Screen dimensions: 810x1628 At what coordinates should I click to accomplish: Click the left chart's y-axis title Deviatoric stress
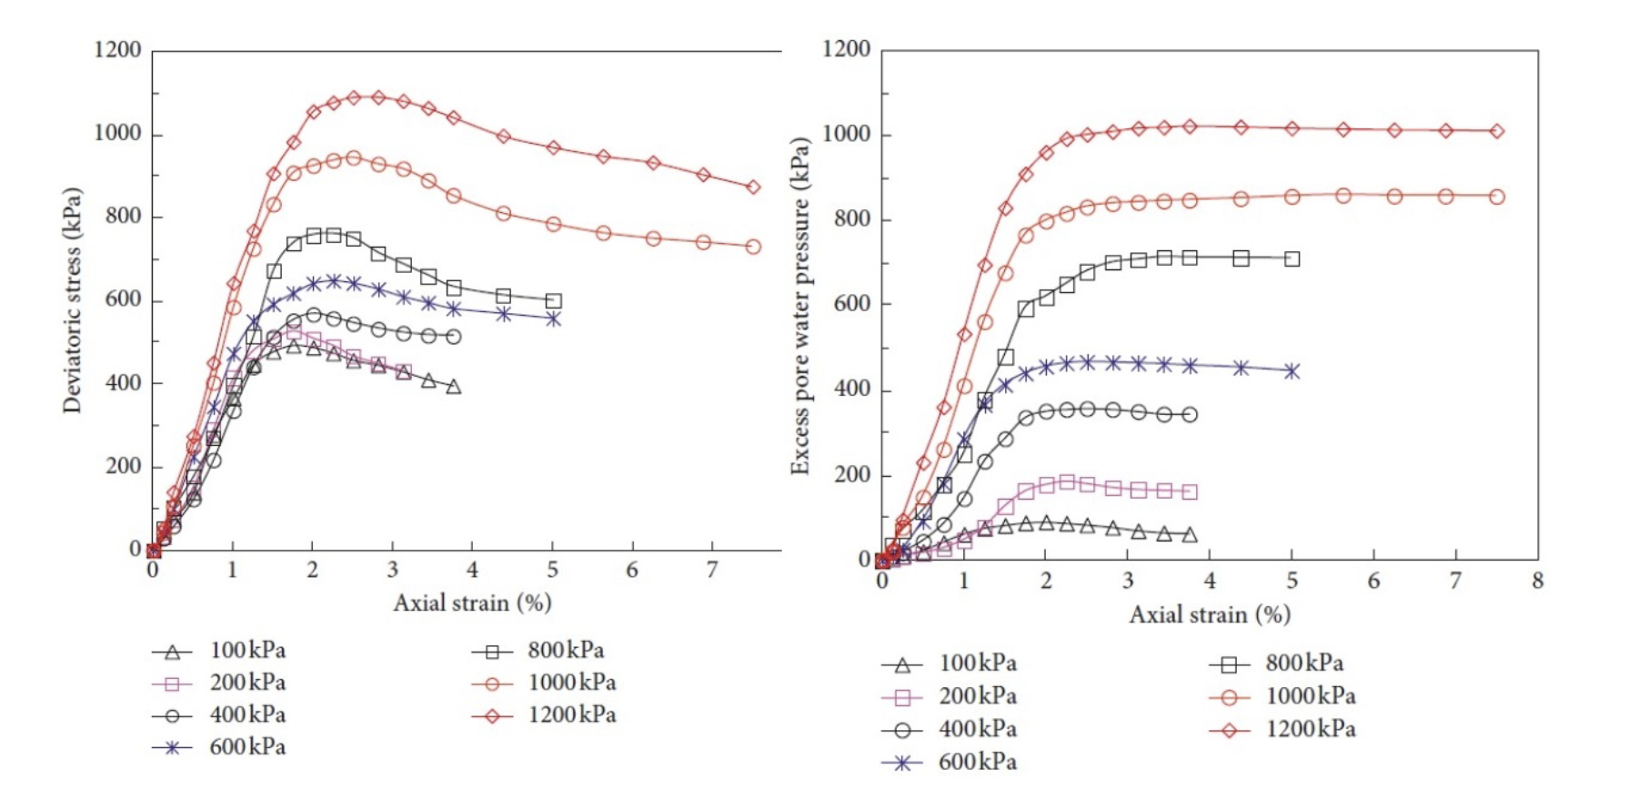pyautogui.click(x=73, y=300)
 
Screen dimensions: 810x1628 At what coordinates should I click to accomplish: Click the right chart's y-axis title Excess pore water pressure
pyautogui.click(x=799, y=306)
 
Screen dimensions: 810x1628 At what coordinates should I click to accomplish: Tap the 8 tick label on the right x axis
pyautogui.click(x=1537, y=581)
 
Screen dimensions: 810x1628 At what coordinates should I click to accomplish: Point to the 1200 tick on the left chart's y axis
pyautogui.click(x=118, y=49)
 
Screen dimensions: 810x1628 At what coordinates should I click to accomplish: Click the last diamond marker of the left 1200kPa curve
pyautogui.click(x=753, y=187)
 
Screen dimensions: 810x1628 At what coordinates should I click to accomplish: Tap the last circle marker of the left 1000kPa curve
pyautogui.click(x=753, y=247)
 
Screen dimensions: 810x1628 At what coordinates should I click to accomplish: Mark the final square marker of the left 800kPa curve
pyautogui.click(x=554, y=300)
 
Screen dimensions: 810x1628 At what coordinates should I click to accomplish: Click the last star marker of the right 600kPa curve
pyautogui.click(x=1291, y=371)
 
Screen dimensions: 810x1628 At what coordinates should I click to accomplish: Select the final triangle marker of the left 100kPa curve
pyautogui.click(x=454, y=387)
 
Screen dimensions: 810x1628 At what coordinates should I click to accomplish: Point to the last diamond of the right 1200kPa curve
pyautogui.click(x=1497, y=131)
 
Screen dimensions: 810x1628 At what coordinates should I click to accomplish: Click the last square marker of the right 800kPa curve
pyautogui.click(x=1291, y=259)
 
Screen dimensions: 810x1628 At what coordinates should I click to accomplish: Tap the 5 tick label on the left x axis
pyautogui.click(x=553, y=570)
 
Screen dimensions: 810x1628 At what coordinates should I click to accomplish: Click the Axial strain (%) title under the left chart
pyautogui.click(x=472, y=602)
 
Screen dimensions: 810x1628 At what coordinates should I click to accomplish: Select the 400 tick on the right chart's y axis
pyautogui.click(x=851, y=390)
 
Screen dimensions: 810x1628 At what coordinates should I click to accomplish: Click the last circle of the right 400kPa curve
pyautogui.click(x=1190, y=414)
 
